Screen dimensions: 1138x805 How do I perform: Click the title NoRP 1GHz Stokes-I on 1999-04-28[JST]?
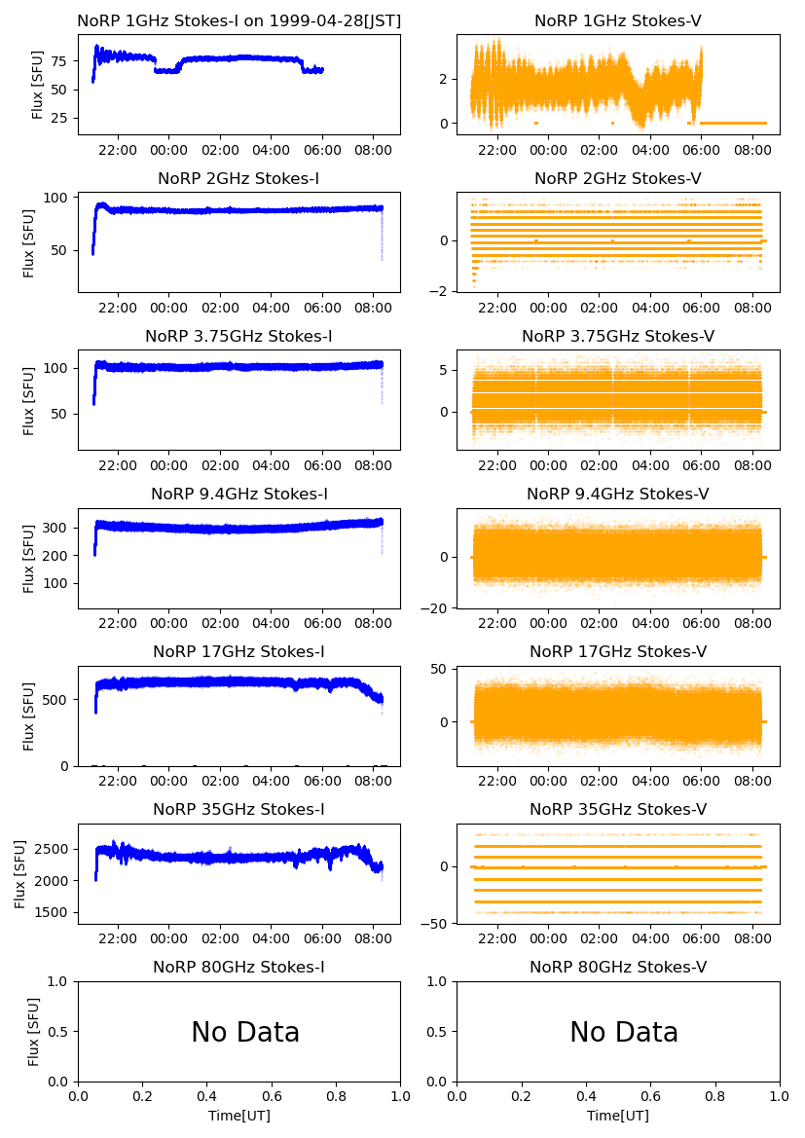(x=238, y=20)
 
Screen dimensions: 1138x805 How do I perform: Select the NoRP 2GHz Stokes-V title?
(x=617, y=178)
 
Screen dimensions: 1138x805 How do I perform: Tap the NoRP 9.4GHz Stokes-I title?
(x=238, y=494)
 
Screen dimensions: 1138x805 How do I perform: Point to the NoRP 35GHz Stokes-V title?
(x=617, y=809)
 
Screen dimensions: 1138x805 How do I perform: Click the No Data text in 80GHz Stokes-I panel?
(x=245, y=1033)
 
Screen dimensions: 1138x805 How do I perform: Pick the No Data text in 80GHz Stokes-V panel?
(x=623, y=1033)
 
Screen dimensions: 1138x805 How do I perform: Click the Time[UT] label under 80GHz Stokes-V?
(x=617, y=1116)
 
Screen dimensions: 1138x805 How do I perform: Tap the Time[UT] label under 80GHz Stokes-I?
(x=238, y=1116)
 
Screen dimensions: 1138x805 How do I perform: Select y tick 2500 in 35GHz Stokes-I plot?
(x=54, y=850)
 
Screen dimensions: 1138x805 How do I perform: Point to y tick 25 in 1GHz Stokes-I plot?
(x=60, y=118)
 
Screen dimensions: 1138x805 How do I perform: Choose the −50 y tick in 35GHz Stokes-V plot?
(x=435, y=913)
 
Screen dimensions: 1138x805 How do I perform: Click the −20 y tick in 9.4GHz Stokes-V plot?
(x=435, y=608)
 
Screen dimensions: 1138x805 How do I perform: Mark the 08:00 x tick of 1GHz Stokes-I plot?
(x=374, y=151)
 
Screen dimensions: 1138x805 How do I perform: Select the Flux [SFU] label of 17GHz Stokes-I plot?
(x=29, y=716)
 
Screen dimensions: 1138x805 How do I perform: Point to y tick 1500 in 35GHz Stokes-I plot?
(x=54, y=913)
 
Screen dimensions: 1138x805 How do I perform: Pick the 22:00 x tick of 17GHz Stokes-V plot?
(x=497, y=782)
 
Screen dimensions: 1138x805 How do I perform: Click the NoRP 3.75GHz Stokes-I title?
(x=238, y=336)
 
